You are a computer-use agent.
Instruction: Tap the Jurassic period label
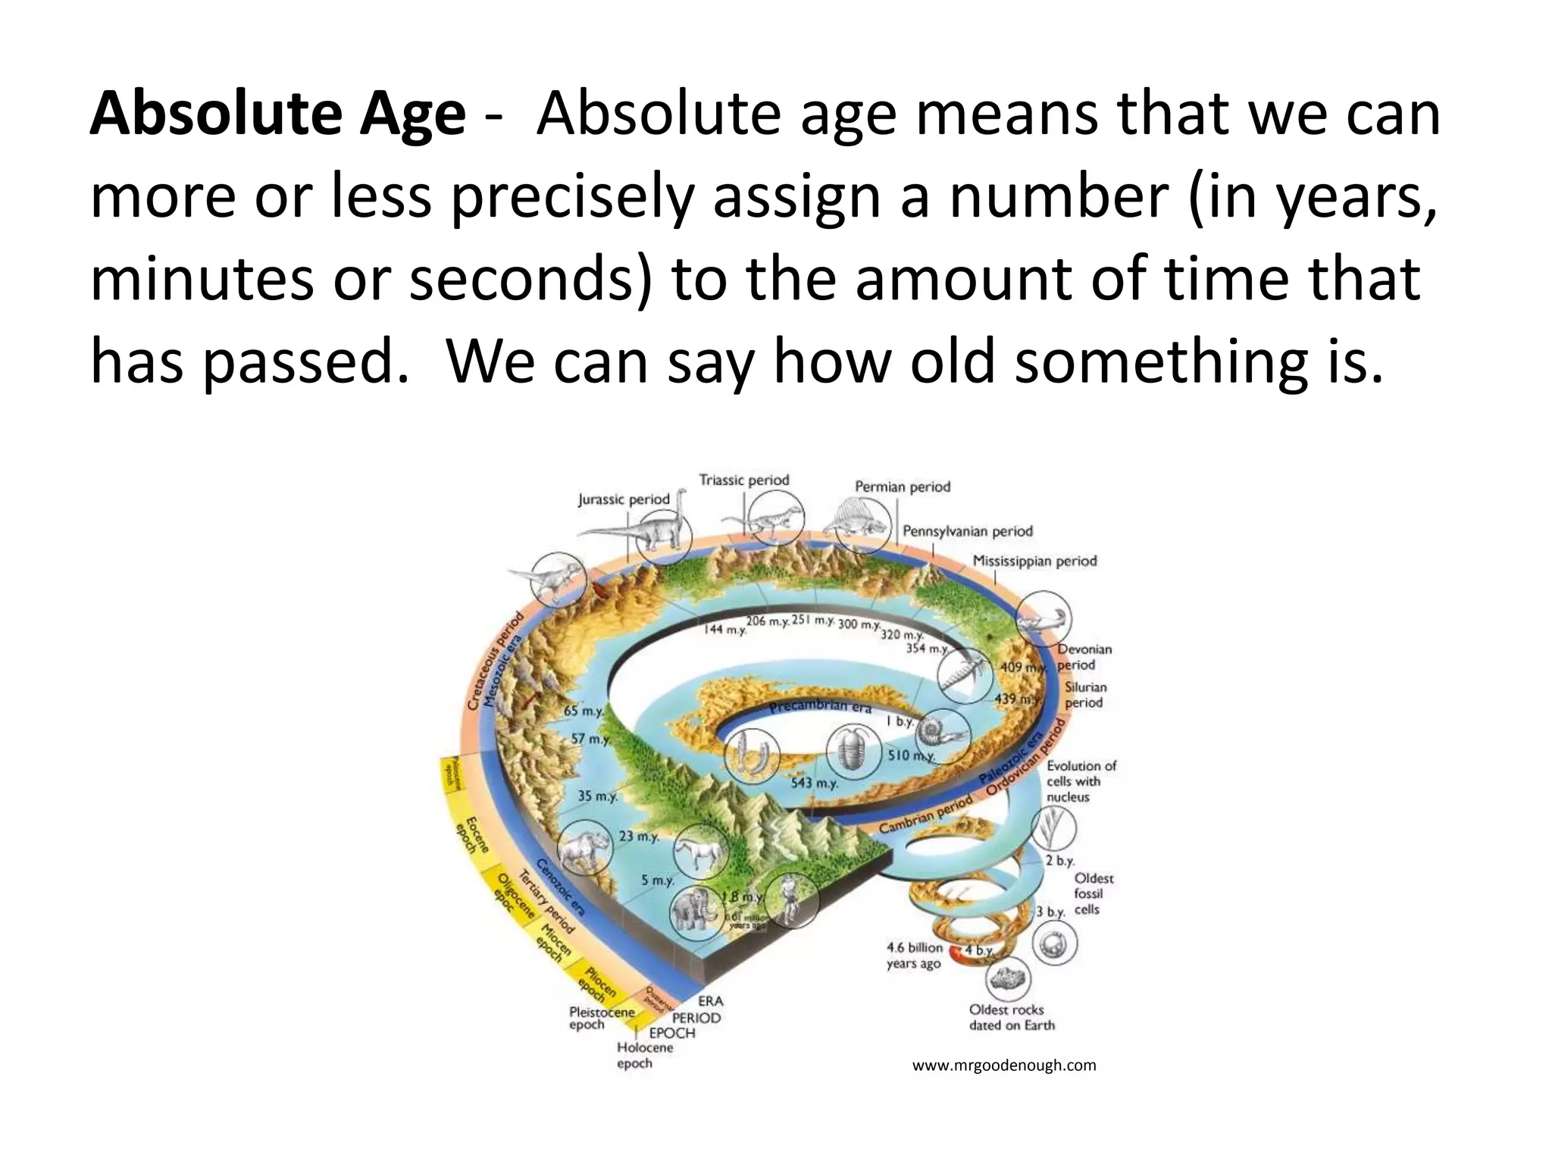tap(624, 499)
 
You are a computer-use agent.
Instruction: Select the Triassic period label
tap(743, 480)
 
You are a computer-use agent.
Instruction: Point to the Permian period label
tap(902, 487)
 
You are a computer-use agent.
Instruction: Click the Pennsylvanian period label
tap(967, 531)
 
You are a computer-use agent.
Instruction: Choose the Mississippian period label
tap(1034, 561)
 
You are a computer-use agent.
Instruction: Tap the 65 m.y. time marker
tap(584, 712)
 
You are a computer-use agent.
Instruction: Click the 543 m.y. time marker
tap(814, 783)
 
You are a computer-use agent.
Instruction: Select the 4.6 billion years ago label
tap(914, 956)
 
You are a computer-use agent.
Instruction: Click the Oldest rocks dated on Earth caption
tap(1011, 1017)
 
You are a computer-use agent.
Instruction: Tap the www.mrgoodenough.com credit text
tap(1003, 1065)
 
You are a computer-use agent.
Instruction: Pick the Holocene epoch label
tap(644, 1055)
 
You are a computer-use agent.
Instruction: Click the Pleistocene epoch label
tap(602, 1018)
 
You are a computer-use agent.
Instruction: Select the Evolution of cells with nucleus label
tap(1081, 781)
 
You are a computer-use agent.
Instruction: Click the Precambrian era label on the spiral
tap(820, 707)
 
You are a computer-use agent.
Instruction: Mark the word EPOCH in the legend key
tap(671, 1033)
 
